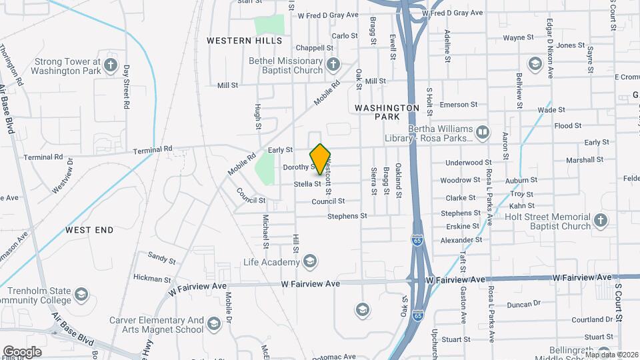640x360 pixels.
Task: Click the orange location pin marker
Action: coord(321,159)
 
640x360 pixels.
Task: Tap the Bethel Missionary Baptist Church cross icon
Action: coord(333,65)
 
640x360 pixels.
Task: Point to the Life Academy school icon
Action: coord(309,262)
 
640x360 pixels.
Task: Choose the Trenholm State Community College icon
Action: coord(81,295)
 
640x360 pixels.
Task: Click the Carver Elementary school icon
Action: coord(213,325)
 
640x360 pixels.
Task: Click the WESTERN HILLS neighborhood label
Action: coord(235,41)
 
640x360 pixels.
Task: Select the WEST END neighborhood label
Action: coord(89,230)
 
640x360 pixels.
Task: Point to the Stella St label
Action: coord(308,184)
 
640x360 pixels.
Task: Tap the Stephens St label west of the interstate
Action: coord(347,216)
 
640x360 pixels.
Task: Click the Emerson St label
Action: coord(459,105)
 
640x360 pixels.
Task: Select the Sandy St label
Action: coord(161,256)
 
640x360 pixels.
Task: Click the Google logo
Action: coord(22,351)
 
